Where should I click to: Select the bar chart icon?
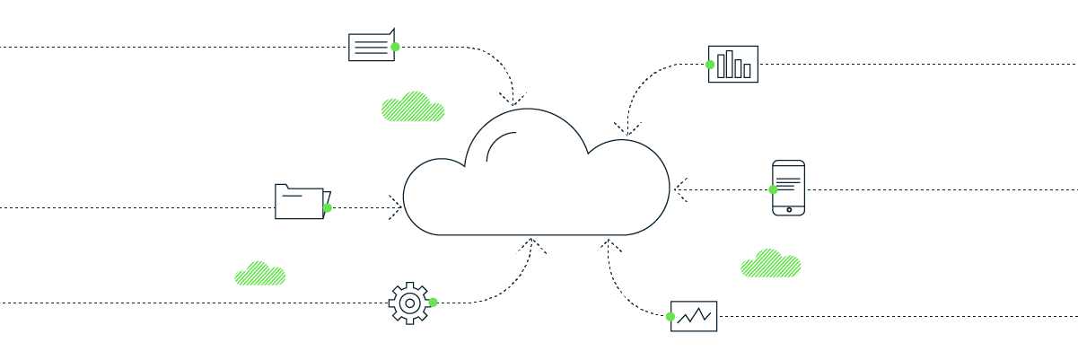733,64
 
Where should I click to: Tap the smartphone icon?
788,188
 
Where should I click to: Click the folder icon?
300,202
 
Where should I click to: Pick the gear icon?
409,303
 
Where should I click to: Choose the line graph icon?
694,316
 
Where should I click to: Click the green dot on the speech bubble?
395,47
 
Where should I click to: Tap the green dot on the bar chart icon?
710,65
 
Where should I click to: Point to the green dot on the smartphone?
773,189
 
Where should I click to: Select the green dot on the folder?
328,207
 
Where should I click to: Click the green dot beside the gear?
433,303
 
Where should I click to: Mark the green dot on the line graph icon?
670,316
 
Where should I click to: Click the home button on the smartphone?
789,209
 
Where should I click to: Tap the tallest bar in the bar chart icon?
729,64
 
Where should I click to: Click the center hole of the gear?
409,303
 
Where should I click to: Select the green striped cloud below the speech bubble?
413,107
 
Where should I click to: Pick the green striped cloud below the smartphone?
770,264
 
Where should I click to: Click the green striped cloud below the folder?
260,274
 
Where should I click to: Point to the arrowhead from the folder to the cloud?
396,207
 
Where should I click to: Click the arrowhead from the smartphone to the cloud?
679,189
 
